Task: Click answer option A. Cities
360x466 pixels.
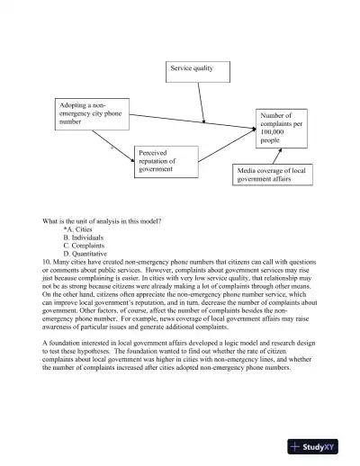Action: pos(76,229)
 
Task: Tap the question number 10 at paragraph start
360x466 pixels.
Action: pos(47,262)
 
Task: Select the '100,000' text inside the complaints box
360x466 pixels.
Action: pos(272,132)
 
